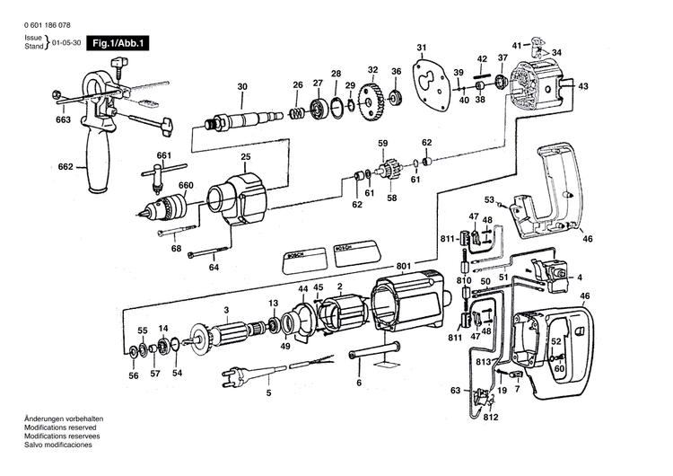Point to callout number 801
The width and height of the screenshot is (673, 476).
tap(403, 265)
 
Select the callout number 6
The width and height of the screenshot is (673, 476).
tap(359, 383)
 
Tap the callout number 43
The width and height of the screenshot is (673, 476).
tap(583, 86)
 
